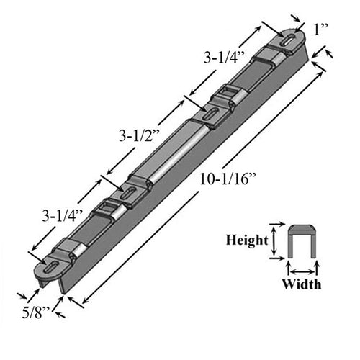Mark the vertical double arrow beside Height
coord(274,242)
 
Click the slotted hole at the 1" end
coord(288,41)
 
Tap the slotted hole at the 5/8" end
coord(55,269)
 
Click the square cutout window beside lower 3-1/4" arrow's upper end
coord(107,210)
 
